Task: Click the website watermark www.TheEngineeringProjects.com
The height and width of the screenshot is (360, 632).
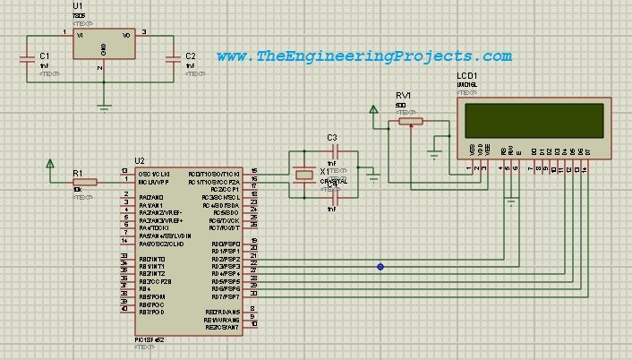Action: tap(364, 56)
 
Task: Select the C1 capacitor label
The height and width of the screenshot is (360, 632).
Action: tap(44, 56)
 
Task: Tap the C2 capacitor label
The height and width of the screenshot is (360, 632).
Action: tap(190, 56)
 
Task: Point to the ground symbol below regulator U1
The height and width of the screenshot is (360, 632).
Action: tap(104, 107)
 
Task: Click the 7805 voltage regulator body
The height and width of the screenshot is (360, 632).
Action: tap(104, 46)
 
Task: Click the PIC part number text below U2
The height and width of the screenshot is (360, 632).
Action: tap(149, 341)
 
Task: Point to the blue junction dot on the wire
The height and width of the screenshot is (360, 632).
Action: tap(380, 267)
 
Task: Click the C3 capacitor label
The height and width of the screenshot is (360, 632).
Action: tap(332, 137)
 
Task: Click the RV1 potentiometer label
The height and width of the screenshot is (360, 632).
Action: tap(403, 94)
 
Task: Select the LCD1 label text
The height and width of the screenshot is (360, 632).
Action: tap(467, 76)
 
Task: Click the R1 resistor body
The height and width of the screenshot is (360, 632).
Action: tap(83, 181)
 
